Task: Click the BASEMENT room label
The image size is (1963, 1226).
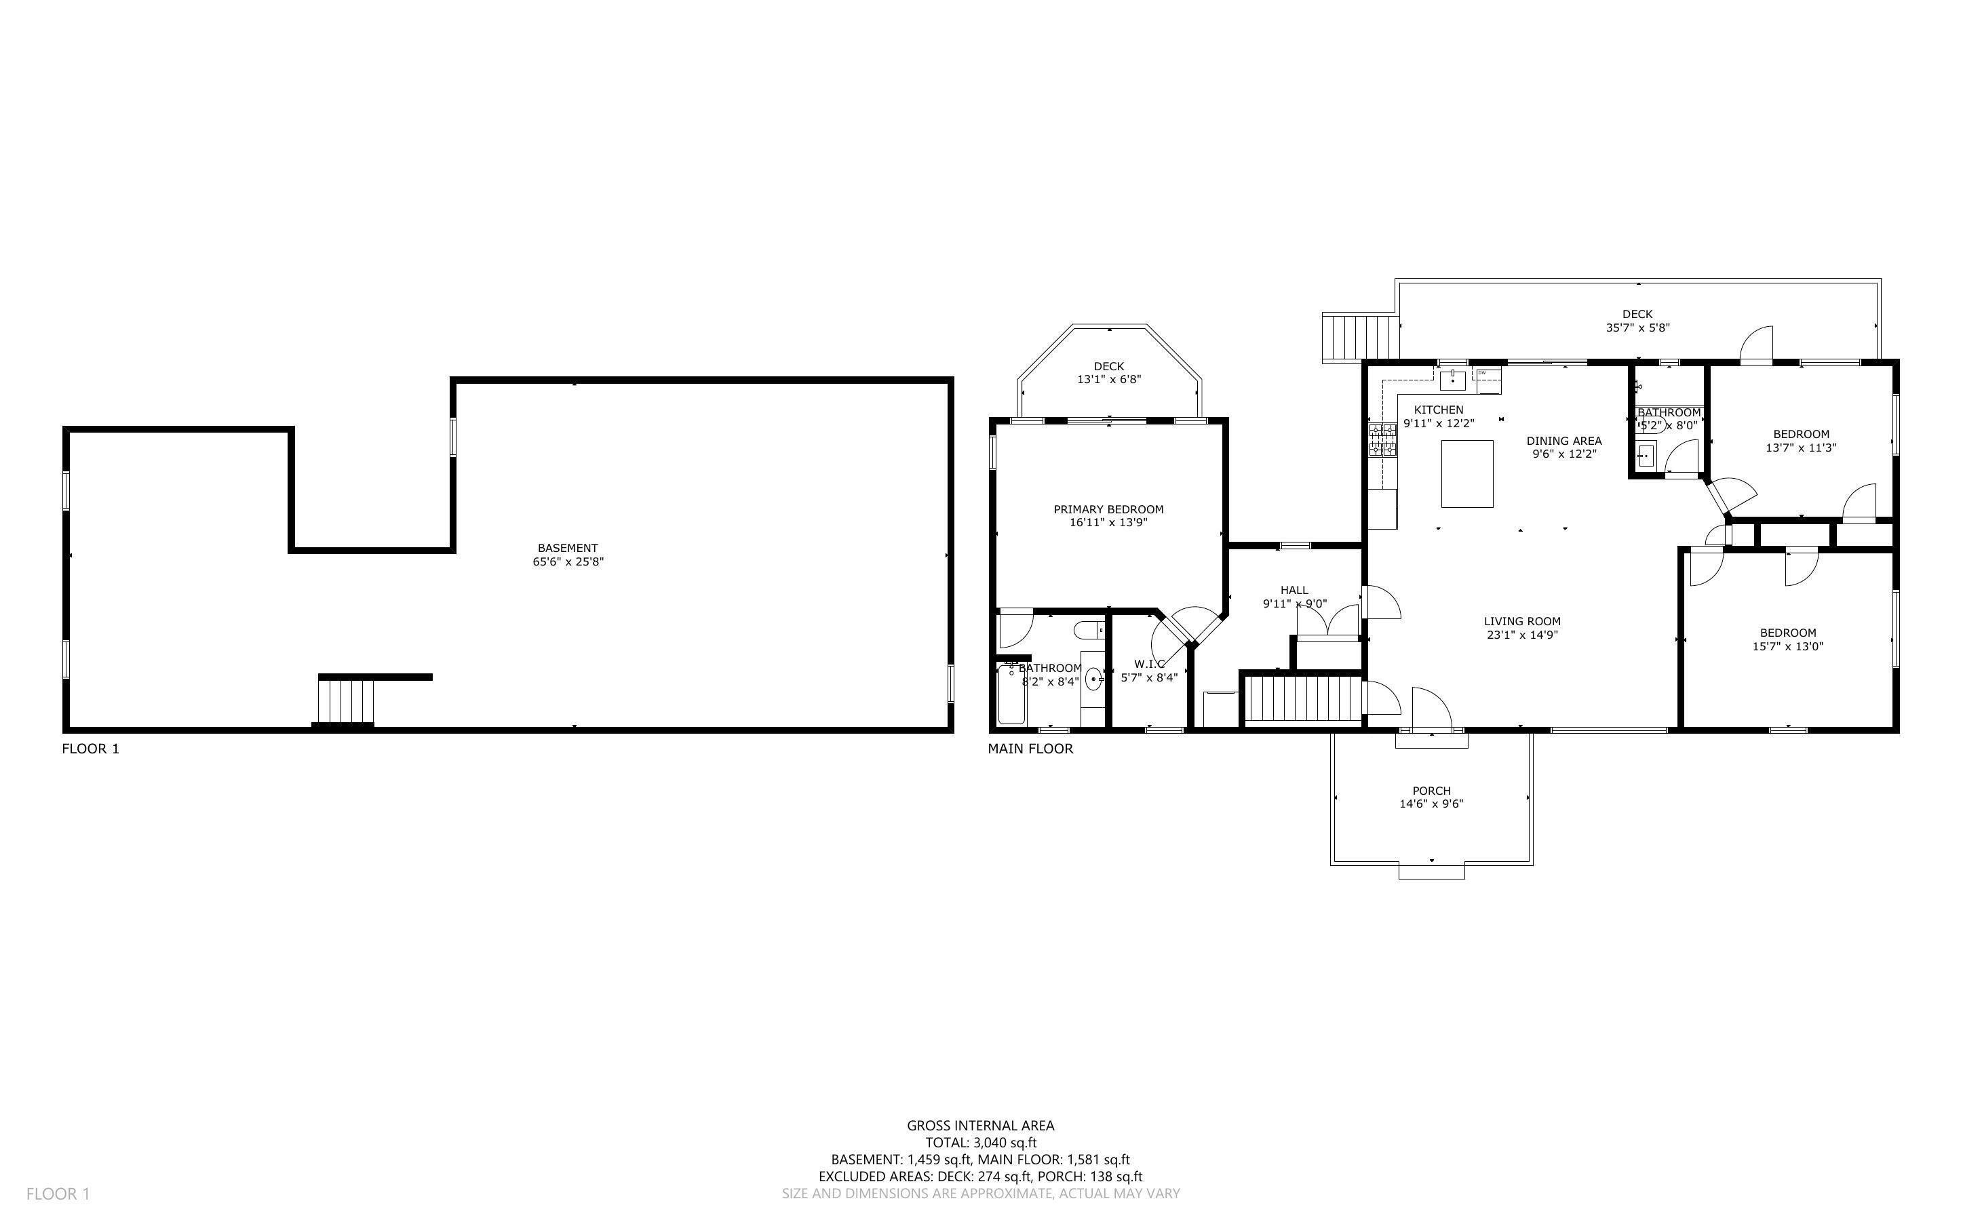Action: [x=567, y=548]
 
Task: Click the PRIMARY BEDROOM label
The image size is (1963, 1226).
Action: [x=1108, y=509]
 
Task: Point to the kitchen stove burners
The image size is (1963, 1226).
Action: [x=1382, y=439]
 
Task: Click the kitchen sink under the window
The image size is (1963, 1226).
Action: [x=1453, y=377]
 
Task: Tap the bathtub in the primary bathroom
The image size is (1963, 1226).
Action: [x=1011, y=694]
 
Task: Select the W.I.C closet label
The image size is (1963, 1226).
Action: [x=1149, y=663]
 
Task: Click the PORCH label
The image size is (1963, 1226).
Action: [x=1431, y=791]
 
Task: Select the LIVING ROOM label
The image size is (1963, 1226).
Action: [x=1522, y=621]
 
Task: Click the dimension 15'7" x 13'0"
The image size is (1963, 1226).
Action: [x=1787, y=646]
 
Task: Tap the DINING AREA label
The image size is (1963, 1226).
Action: [x=1563, y=441]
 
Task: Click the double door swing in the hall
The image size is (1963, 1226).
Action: [x=1327, y=620]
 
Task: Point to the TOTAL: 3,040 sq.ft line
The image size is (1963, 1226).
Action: [x=980, y=1143]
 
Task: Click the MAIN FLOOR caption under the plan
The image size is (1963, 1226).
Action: [x=1030, y=749]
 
